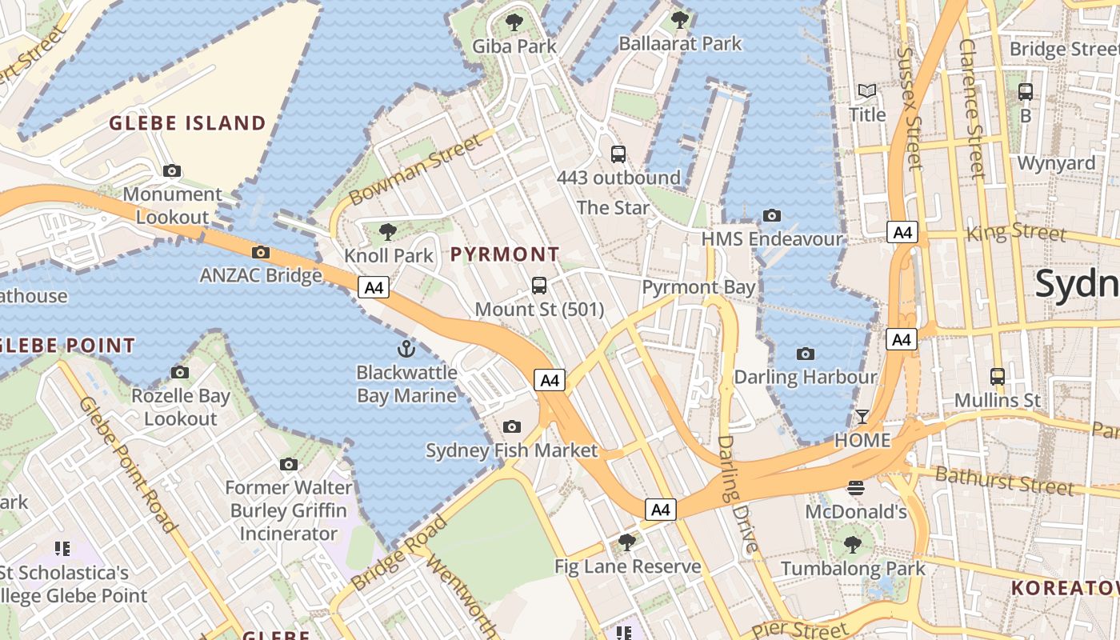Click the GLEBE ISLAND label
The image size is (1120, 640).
pyautogui.click(x=187, y=123)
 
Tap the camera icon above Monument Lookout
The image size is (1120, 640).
pyautogui.click(x=172, y=170)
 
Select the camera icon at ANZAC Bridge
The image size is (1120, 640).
pyautogui.click(x=260, y=253)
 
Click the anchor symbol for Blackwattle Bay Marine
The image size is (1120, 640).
pyautogui.click(x=406, y=349)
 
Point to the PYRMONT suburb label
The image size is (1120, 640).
pyautogui.click(x=505, y=254)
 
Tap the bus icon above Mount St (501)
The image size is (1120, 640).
pyautogui.click(x=539, y=286)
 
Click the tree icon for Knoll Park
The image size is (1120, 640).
pyautogui.click(x=388, y=232)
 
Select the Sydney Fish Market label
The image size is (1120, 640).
pyautogui.click(x=511, y=450)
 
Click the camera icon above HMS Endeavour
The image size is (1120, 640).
pyautogui.click(x=772, y=215)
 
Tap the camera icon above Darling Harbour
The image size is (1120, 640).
pyautogui.click(x=806, y=354)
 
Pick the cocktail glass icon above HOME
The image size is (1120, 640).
pyautogui.click(x=862, y=417)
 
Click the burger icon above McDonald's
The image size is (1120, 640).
pyautogui.click(x=856, y=488)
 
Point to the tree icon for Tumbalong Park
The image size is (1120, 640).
pyautogui.click(x=853, y=546)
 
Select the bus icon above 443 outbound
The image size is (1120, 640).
pyautogui.click(x=618, y=154)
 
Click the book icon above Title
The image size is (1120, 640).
pyautogui.click(x=867, y=91)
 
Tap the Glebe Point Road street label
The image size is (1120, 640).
pyautogui.click(x=128, y=464)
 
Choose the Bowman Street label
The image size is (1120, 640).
pyautogui.click(x=416, y=169)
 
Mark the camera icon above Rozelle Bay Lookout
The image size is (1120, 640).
pyautogui.click(x=180, y=373)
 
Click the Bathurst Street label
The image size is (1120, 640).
pyautogui.click(x=1003, y=482)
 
